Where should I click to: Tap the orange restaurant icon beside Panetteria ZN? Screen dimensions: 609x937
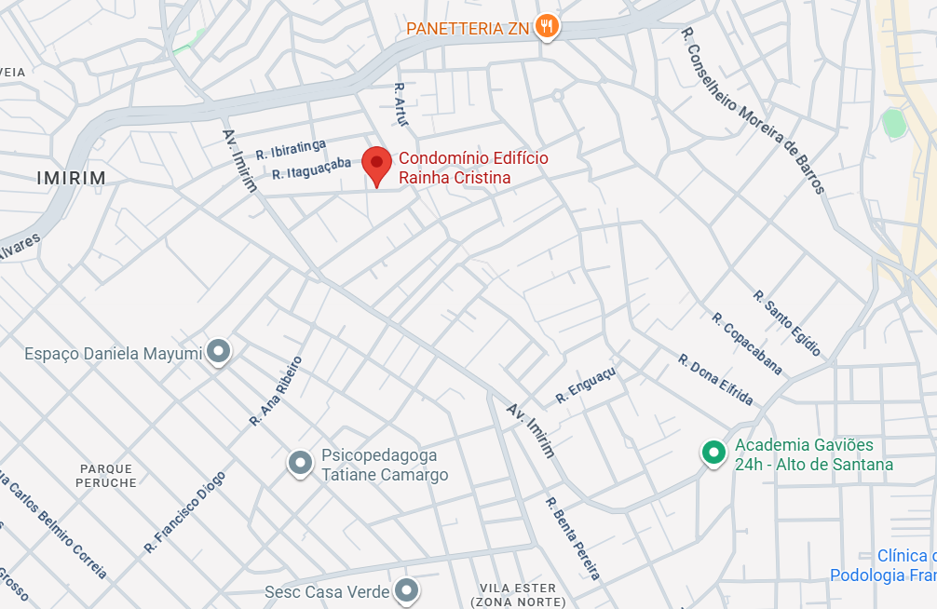pyautogui.click(x=548, y=27)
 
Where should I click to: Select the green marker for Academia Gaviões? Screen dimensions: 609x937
pyautogui.click(x=713, y=453)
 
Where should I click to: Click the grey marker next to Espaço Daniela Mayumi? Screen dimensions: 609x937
pyautogui.click(x=218, y=351)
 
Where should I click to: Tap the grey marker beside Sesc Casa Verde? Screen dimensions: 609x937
pyautogui.click(x=406, y=589)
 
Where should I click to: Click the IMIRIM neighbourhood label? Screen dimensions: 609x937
pyautogui.click(x=71, y=178)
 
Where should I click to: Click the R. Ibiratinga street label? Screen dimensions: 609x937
pyautogui.click(x=291, y=148)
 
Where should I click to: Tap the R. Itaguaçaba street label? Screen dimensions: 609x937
pyautogui.click(x=312, y=169)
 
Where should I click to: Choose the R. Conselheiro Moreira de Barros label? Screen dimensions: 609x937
pyautogui.click(x=754, y=110)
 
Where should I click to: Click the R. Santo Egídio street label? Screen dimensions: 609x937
pyautogui.click(x=788, y=323)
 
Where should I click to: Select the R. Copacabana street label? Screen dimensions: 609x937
pyautogui.click(x=747, y=344)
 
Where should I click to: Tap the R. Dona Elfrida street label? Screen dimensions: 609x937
pyautogui.click(x=715, y=379)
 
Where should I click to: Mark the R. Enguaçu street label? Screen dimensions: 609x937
pyautogui.click(x=586, y=385)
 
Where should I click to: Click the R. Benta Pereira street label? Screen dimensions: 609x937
pyautogui.click(x=573, y=539)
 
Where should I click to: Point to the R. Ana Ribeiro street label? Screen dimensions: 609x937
pyautogui.click(x=276, y=391)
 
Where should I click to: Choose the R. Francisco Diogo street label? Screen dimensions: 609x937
pyautogui.click(x=184, y=512)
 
